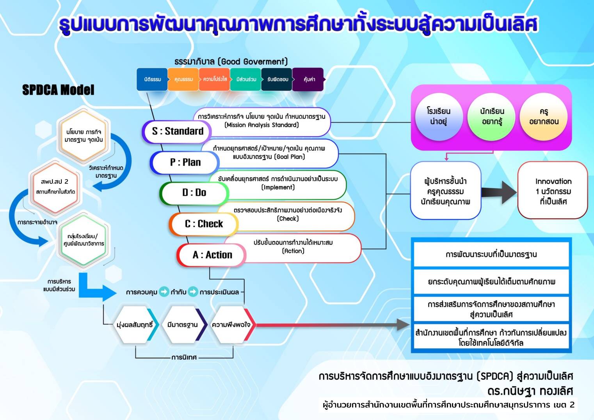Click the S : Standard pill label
(177, 131)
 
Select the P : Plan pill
(185, 162)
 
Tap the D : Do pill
(194, 192)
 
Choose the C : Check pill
(203, 224)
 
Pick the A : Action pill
(212, 255)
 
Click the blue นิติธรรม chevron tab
(152, 79)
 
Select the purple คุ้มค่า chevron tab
(309, 79)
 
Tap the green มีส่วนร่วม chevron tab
(246, 79)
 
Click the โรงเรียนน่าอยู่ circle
(438, 116)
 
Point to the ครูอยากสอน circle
(544, 116)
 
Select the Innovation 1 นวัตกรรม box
(553, 191)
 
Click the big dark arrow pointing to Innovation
(499, 192)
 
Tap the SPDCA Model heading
(58, 90)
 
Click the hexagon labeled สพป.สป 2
(55, 186)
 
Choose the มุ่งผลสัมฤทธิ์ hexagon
(135, 325)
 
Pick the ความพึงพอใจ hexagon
(231, 325)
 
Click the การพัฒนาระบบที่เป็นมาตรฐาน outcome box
(491, 254)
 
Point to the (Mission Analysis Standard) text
(261, 125)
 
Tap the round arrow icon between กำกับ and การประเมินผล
(193, 292)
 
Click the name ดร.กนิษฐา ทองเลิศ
(530, 391)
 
